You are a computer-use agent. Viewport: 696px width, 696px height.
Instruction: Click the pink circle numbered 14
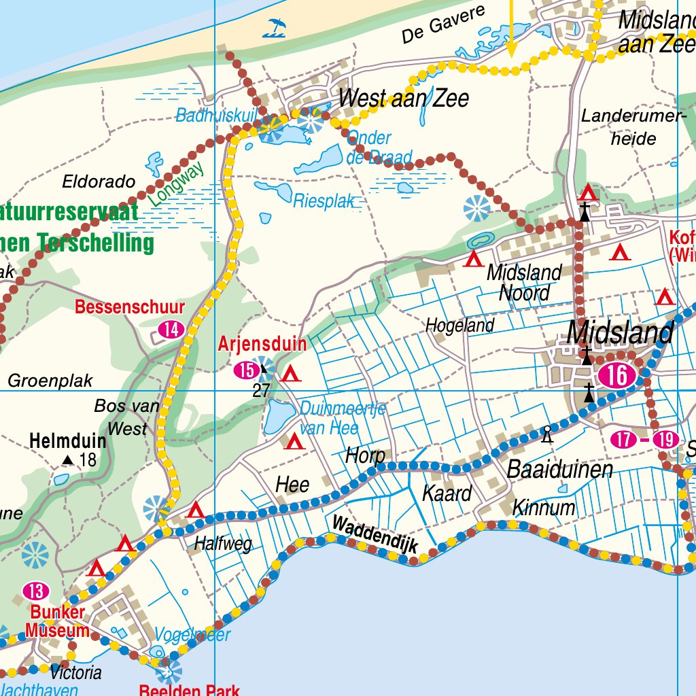coord(171,330)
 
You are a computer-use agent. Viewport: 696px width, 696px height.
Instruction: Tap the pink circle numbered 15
coord(245,370)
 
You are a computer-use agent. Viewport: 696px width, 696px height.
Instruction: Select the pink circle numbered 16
coord(617,376)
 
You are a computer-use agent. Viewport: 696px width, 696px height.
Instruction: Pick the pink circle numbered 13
coord(35,591)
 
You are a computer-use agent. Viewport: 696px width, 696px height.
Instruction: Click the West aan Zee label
coord(404,99)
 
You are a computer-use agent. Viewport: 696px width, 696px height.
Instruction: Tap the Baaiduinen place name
coord(560,470)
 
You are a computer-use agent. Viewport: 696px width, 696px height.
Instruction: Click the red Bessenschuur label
coord(130,307)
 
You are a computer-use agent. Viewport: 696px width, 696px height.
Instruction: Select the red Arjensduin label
coord(262,345)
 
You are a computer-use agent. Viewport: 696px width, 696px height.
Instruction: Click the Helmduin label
coord(67,441)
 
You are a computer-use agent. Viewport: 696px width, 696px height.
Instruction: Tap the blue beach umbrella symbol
coord(275,27)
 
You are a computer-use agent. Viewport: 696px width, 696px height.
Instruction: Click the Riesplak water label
coord(324,201)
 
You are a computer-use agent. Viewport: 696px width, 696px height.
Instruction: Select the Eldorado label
coord(99,182)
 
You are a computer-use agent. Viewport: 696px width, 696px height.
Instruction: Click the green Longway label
coord(175,185)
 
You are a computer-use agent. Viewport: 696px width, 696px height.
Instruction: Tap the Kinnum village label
coord(543,508)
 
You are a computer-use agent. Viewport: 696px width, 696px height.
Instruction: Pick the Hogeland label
coord(459,326)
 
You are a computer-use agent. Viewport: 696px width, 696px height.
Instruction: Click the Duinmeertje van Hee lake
coord(278,416)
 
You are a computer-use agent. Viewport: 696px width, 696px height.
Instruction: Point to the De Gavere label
coord(442,24)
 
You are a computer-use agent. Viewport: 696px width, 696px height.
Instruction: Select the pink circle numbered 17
coord(623,440)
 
